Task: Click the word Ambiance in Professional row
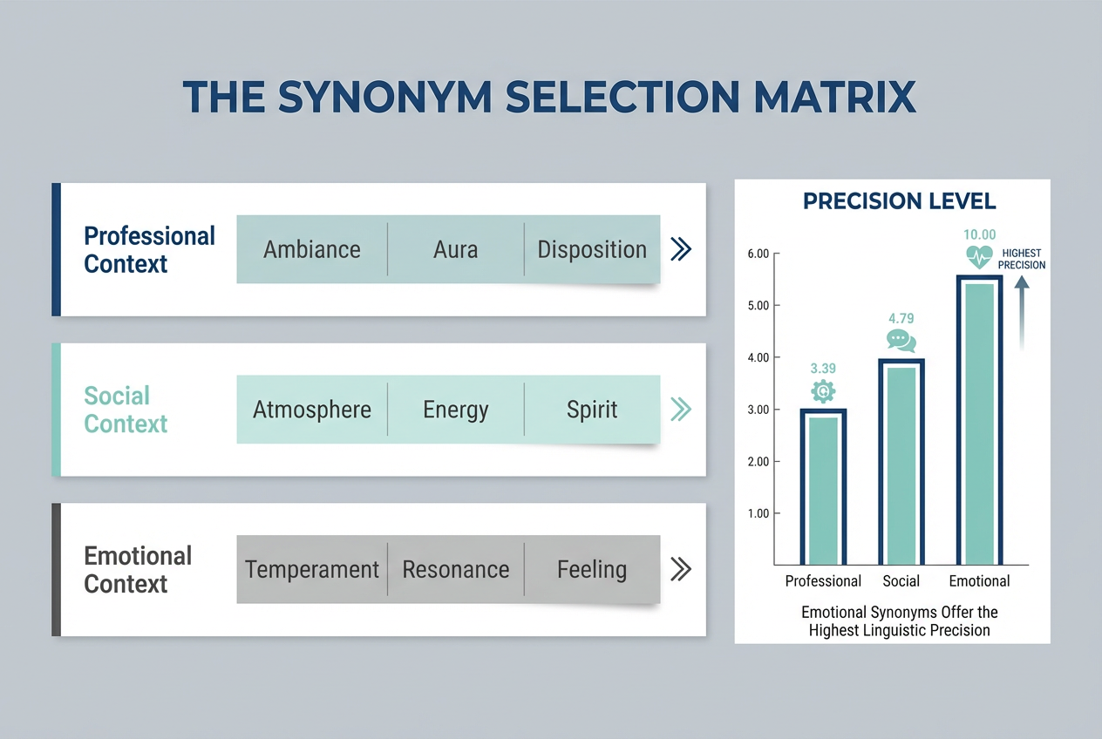(312, 250)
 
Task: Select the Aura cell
(455, 250)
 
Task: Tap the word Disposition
(592, 250)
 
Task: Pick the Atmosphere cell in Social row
(312, 410)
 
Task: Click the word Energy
(455, 410)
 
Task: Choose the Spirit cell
(592, 410)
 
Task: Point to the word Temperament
(312, 570)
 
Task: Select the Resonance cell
(455, 570)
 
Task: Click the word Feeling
(592, 570)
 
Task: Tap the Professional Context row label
(149, 250)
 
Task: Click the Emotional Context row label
(138, 570)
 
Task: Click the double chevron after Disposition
(681, 250)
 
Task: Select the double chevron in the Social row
(681, 410)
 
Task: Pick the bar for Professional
(823, 488)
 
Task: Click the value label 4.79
(901, 318)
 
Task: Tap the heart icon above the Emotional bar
(979, 256)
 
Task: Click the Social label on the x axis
(901, 581)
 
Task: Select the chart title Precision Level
(899, 201)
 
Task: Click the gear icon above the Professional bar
(823, 392)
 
